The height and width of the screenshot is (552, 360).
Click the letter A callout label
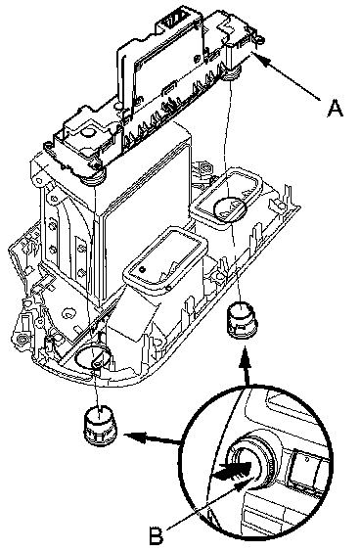[x=335, y=108]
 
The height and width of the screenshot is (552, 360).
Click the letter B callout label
[x=156, y=536]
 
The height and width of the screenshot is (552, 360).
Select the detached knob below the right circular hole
[x=243, y=320]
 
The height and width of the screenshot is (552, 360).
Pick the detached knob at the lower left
[x=99, y=424]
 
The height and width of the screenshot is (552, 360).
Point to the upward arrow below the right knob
[x=246, y=366]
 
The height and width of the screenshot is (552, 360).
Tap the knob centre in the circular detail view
[x=245, y=467]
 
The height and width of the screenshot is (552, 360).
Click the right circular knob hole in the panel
[x=230, y=209]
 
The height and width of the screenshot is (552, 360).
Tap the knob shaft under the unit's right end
[x=230, y=72]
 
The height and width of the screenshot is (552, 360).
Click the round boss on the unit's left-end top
[x=88, y=132]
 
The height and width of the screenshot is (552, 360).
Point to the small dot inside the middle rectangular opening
[x=142, y=270]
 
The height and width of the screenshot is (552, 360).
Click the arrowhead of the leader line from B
[x=247, y=482]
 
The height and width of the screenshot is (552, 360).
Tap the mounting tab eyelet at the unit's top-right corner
[x=259, y=38]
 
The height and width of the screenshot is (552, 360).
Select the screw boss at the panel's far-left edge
[x=22, y=339]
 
